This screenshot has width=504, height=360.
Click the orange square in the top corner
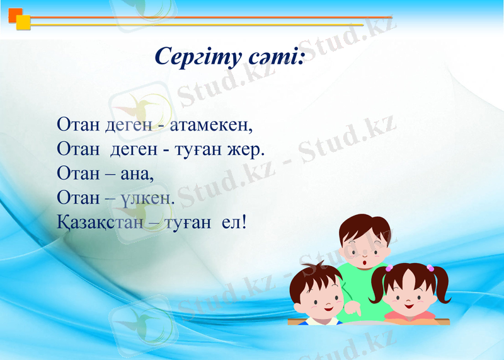pos(15,15)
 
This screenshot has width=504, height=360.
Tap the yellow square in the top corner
pos(23,23)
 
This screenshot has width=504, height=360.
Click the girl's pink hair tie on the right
pos(431,267)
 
